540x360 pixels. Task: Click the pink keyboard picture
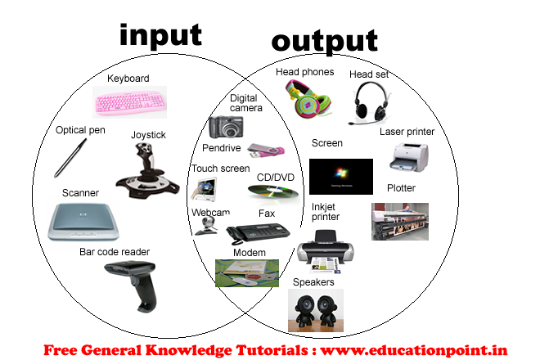point(129,102)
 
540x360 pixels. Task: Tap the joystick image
point(147,171)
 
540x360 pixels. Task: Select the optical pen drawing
point(70,158)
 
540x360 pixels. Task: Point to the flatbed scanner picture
point(83,222)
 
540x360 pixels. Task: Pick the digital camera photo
point(227,127)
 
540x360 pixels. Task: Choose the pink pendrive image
point(266,151)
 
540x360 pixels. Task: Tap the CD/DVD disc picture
point(273,192)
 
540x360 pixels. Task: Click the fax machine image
point(258,233)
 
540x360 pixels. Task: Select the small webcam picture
point(207,226)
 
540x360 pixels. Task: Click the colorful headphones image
point(309,98)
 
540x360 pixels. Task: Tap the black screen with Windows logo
point(341,177)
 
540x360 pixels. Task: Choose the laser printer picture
point(409,157)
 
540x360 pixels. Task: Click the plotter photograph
point(400,222)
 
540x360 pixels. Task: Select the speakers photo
point(316,310)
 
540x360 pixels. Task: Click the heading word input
point(160,36)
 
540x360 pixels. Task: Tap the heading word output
point(325,42)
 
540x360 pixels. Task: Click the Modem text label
point(250,253)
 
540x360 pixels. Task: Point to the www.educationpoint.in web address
point(414,350)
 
